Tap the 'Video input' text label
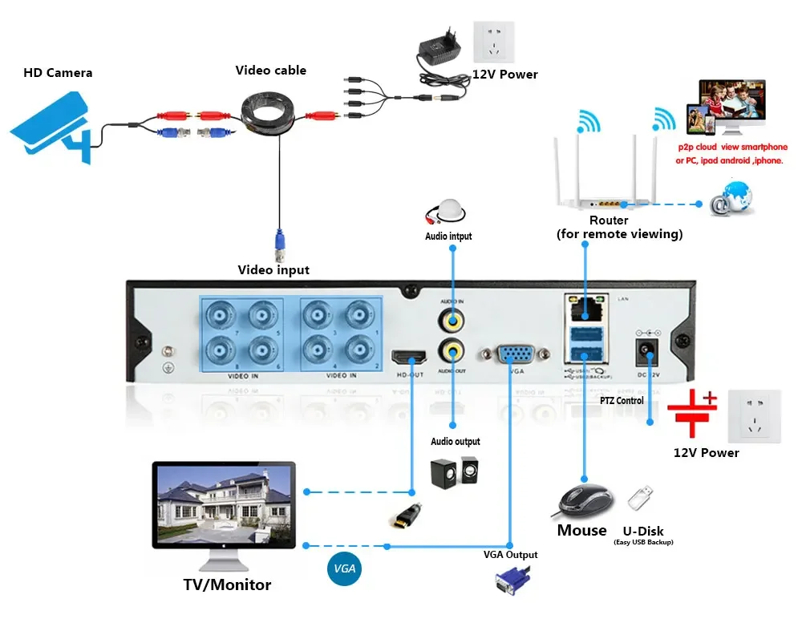(273, 270)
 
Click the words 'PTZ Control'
(622, 400)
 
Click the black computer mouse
(584, 501)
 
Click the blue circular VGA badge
(345, 569)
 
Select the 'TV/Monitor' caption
(227, 584)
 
